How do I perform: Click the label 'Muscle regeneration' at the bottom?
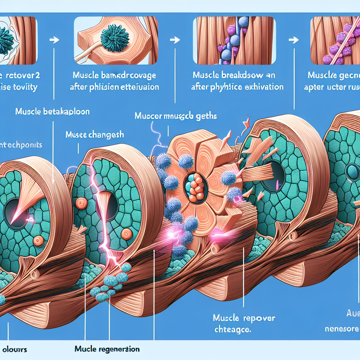tap(107, 349)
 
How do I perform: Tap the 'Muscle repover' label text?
tap(244, 319)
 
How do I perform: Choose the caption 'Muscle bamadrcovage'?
tap(114, 76)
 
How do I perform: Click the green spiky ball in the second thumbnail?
tap(113, 38)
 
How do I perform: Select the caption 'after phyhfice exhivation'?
tap(237, 87)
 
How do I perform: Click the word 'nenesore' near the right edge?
tap(341, 329)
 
